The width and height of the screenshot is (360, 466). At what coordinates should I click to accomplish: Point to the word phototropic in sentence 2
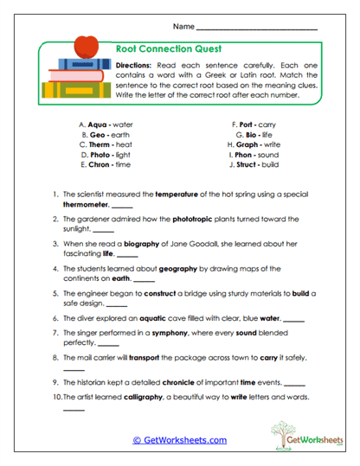pyautogui.click(x=196, y=219)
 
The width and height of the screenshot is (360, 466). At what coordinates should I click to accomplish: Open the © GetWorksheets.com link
pyautogui.click(x=179, y=439)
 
